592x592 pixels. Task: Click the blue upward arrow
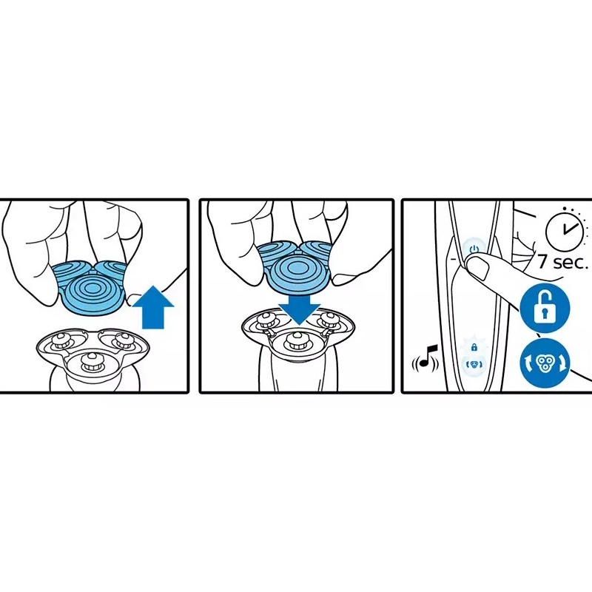[x=153, y=308]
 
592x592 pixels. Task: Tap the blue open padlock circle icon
[x=545, y=309]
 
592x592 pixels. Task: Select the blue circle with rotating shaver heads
[x=545, y=363]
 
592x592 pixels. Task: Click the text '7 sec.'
[x=562, y=261]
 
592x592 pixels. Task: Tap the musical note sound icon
[x=425, y=357]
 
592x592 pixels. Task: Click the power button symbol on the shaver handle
[x=474, y=249]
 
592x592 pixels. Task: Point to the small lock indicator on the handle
[x=474, y=346]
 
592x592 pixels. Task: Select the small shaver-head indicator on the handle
[x=474, y=365]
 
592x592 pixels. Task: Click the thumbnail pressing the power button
[x=478, y=269]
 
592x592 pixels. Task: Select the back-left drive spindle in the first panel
[x=59, y=341]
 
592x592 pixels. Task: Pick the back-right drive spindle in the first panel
[x=122, y=340]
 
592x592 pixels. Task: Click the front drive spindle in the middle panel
[x=296, y=340]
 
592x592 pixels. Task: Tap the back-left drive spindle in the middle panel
[x=264, y=321]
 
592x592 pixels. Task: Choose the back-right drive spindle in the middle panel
[x=327, y=321]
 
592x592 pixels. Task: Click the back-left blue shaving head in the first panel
[x=68, y=272]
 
